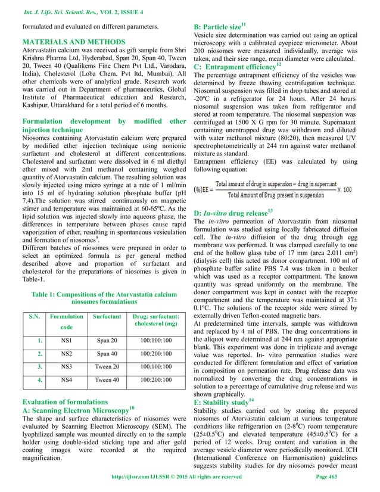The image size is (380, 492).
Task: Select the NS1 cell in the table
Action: (x=63, y=341)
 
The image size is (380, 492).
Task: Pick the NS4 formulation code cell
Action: (x=63, y=379)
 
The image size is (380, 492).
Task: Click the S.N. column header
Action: (x=30, y=315)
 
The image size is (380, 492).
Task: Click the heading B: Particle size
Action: (x=228, y=27)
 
